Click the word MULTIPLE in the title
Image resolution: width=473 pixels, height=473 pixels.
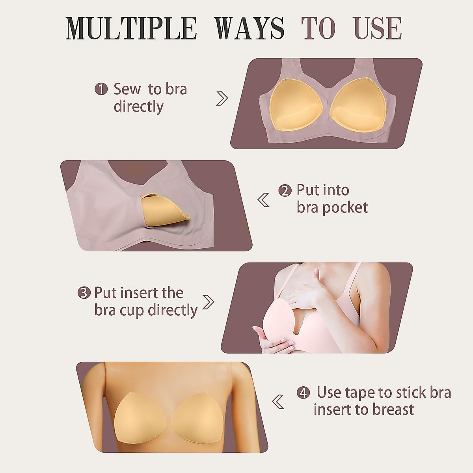[131, 28]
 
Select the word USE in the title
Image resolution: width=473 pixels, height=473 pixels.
[378, 28]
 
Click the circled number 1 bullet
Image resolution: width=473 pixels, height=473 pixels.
[101, 89]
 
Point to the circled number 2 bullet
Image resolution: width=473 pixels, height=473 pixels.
[285, 191]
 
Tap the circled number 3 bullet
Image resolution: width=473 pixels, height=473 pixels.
[84, 293]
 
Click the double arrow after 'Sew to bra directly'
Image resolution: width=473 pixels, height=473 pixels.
[222, 98]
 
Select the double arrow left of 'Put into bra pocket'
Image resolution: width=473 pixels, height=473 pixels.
[264, 200]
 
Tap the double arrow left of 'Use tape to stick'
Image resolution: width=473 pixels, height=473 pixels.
[278, 402]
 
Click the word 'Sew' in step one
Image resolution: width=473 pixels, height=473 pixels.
[127, 89]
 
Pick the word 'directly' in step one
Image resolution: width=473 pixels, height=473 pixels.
[138, 107]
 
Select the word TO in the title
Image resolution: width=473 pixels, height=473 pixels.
[318, 28]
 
